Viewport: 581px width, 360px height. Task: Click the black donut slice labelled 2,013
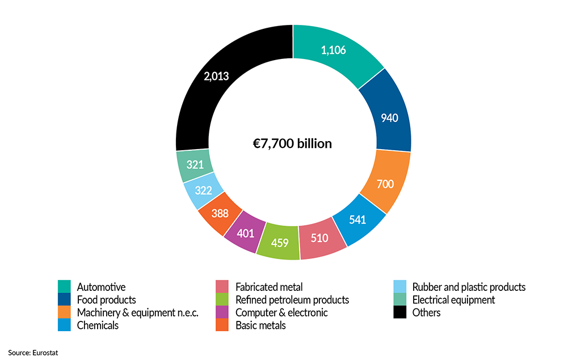pos(216,75)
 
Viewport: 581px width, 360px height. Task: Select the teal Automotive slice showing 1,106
pos(334,50)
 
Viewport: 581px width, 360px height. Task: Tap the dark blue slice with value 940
pos(389,118)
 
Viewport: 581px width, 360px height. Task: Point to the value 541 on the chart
pos(357,221)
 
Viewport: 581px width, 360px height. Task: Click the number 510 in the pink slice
pos(319,238)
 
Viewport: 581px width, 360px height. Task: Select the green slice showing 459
pos(279,243)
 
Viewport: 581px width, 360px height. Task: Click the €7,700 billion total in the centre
pos(293,143)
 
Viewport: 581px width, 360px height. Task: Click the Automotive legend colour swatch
pos(64,287)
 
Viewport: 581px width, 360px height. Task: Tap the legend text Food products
pos(106,300)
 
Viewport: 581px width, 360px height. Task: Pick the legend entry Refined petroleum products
pos(292,300)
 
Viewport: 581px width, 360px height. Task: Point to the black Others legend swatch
pos(400,312)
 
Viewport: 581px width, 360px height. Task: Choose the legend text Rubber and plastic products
pos(469,287)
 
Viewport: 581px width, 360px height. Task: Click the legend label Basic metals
pos(260,325)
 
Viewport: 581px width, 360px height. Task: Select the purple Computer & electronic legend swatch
pos(222,312)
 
